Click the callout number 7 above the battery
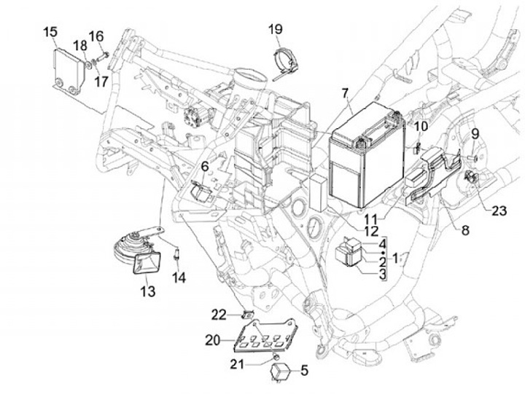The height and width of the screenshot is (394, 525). (x=345, y=93)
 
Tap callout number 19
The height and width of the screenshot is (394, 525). (x=274, y=30)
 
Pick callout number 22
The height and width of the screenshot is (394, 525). (x=219, y=315)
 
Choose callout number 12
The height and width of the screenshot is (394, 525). (x=371, y=230)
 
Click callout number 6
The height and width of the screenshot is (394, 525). (x=205, y=167)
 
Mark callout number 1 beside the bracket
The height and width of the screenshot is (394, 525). (x=396, y=257)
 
